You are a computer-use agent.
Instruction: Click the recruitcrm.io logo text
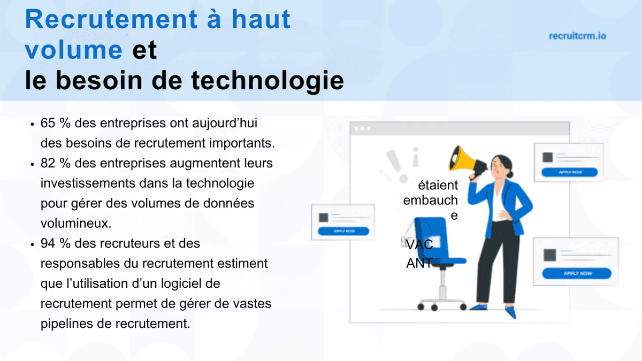(x=577, y=36)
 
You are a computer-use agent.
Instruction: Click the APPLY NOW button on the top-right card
(x=569, y=172)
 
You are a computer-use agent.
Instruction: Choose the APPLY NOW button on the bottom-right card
(x=577, y=273)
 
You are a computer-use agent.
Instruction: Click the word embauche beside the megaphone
(x=430, y=201)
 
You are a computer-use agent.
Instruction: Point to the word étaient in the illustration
(x=438, y=186)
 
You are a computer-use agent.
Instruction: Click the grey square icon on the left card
(x=323, y=217)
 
